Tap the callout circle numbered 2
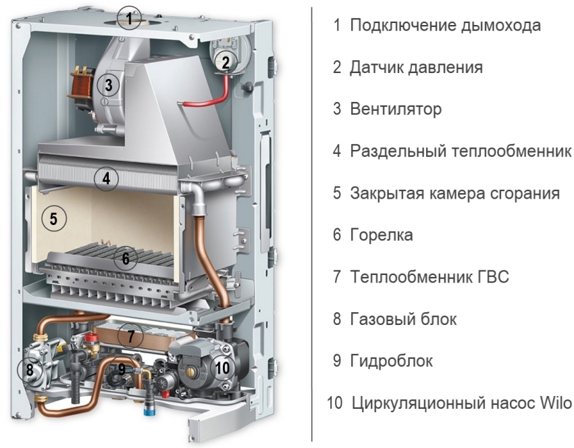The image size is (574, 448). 226,62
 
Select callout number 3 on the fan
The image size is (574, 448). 108,85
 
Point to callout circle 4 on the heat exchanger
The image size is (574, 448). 106,179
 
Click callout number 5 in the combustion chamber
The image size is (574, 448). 54,219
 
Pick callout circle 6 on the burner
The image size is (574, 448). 126,259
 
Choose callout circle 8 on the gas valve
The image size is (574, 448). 30,370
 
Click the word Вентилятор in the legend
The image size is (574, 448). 396,109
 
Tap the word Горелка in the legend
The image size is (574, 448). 382,234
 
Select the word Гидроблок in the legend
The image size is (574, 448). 391,361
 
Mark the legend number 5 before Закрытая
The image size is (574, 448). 337,193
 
